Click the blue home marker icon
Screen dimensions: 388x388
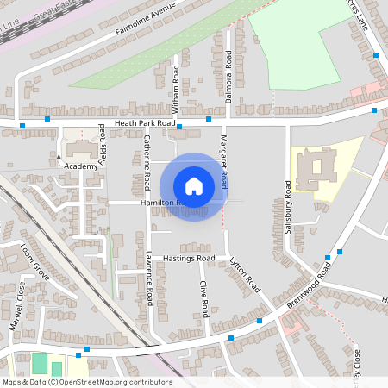pyautogui.click(x=194, y=185)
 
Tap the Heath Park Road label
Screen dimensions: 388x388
pyautogui.click(x=138, y=124)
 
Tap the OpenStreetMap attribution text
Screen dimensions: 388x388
pyautogui.click(x=86, y=382)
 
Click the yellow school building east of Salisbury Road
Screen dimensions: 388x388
pyautogui.click(x=319, y=168)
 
